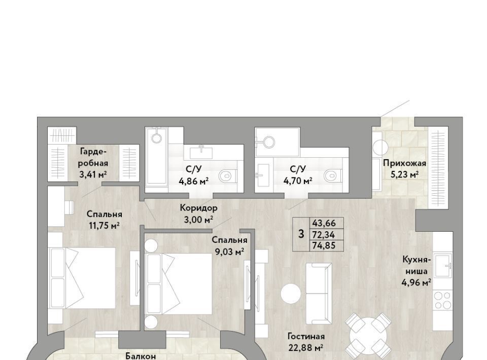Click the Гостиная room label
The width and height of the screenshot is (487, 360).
pyautogui.click(x=306, y=336)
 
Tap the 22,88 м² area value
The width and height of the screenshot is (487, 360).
pyautogui.click(x=306, y=348)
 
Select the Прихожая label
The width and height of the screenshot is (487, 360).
pyautogui.click(x=404, y=163)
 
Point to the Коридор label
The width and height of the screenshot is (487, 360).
pyautogui.click(x=198, y=207)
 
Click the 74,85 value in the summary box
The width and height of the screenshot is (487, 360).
pyautogui.click(x=324, y=245)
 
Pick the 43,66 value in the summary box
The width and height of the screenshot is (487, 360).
pyautogui.click(x=324, y=223)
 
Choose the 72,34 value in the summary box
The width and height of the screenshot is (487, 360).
pyautogui.click(x=324, y=234)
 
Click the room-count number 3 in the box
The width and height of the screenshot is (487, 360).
pyautogui.click(x=301, y=234)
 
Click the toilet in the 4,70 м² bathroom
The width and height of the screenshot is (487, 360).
pyautogui.click(x=333, y=175)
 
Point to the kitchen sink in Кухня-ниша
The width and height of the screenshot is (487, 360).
pyautogui.click(x=443, y=265)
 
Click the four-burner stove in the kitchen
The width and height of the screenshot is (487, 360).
pyautogui.click(x=443, y=301)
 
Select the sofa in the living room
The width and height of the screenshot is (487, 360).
pyautogui.click(x=319, y=294)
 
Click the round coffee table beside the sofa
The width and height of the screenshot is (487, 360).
pyautogui.click(x=291, y=294)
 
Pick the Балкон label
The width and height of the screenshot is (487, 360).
pyautogui.click(x=141, y=356)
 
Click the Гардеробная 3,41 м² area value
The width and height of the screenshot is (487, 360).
pyautogui.click(x=93, y=175)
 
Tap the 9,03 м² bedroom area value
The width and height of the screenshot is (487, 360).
pyautogui.click(x=229, y=251)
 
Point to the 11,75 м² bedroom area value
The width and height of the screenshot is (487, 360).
pyautogui.click(x=105, y=226)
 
